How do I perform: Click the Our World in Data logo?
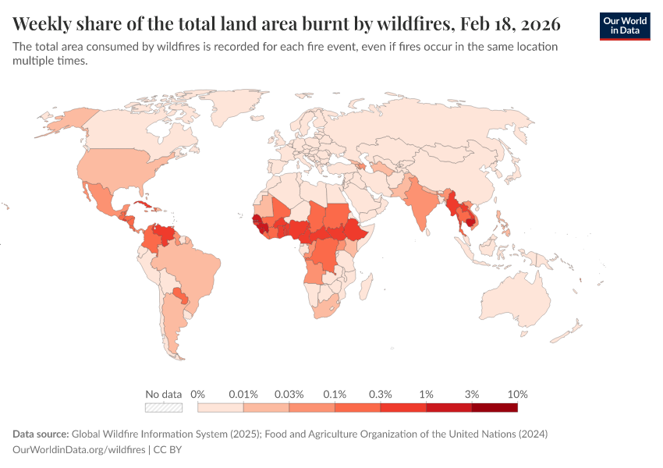point(624,26)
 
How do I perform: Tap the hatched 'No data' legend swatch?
point(163,407)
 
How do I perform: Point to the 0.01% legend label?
point(243,394)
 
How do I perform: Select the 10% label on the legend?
point(517,394)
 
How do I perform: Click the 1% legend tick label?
point(426,394)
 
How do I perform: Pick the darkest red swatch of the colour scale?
point(495,407)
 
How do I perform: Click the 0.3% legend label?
point(380,394)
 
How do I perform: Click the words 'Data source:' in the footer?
point(41,434)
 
